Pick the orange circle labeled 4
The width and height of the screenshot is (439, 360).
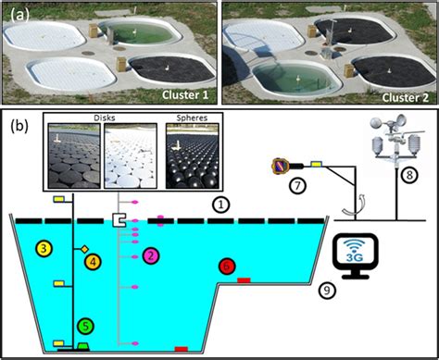click(x=93, y=263)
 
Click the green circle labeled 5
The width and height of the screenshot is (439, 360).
click(x=85, y=325)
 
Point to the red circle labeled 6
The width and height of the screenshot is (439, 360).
click(x=228, y=266)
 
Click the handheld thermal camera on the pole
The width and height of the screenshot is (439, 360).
click(x=278, y=166)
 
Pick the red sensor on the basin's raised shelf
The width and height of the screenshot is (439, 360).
click(x=245, y=279)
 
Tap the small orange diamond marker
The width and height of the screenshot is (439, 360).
click(x=83, y=249)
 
